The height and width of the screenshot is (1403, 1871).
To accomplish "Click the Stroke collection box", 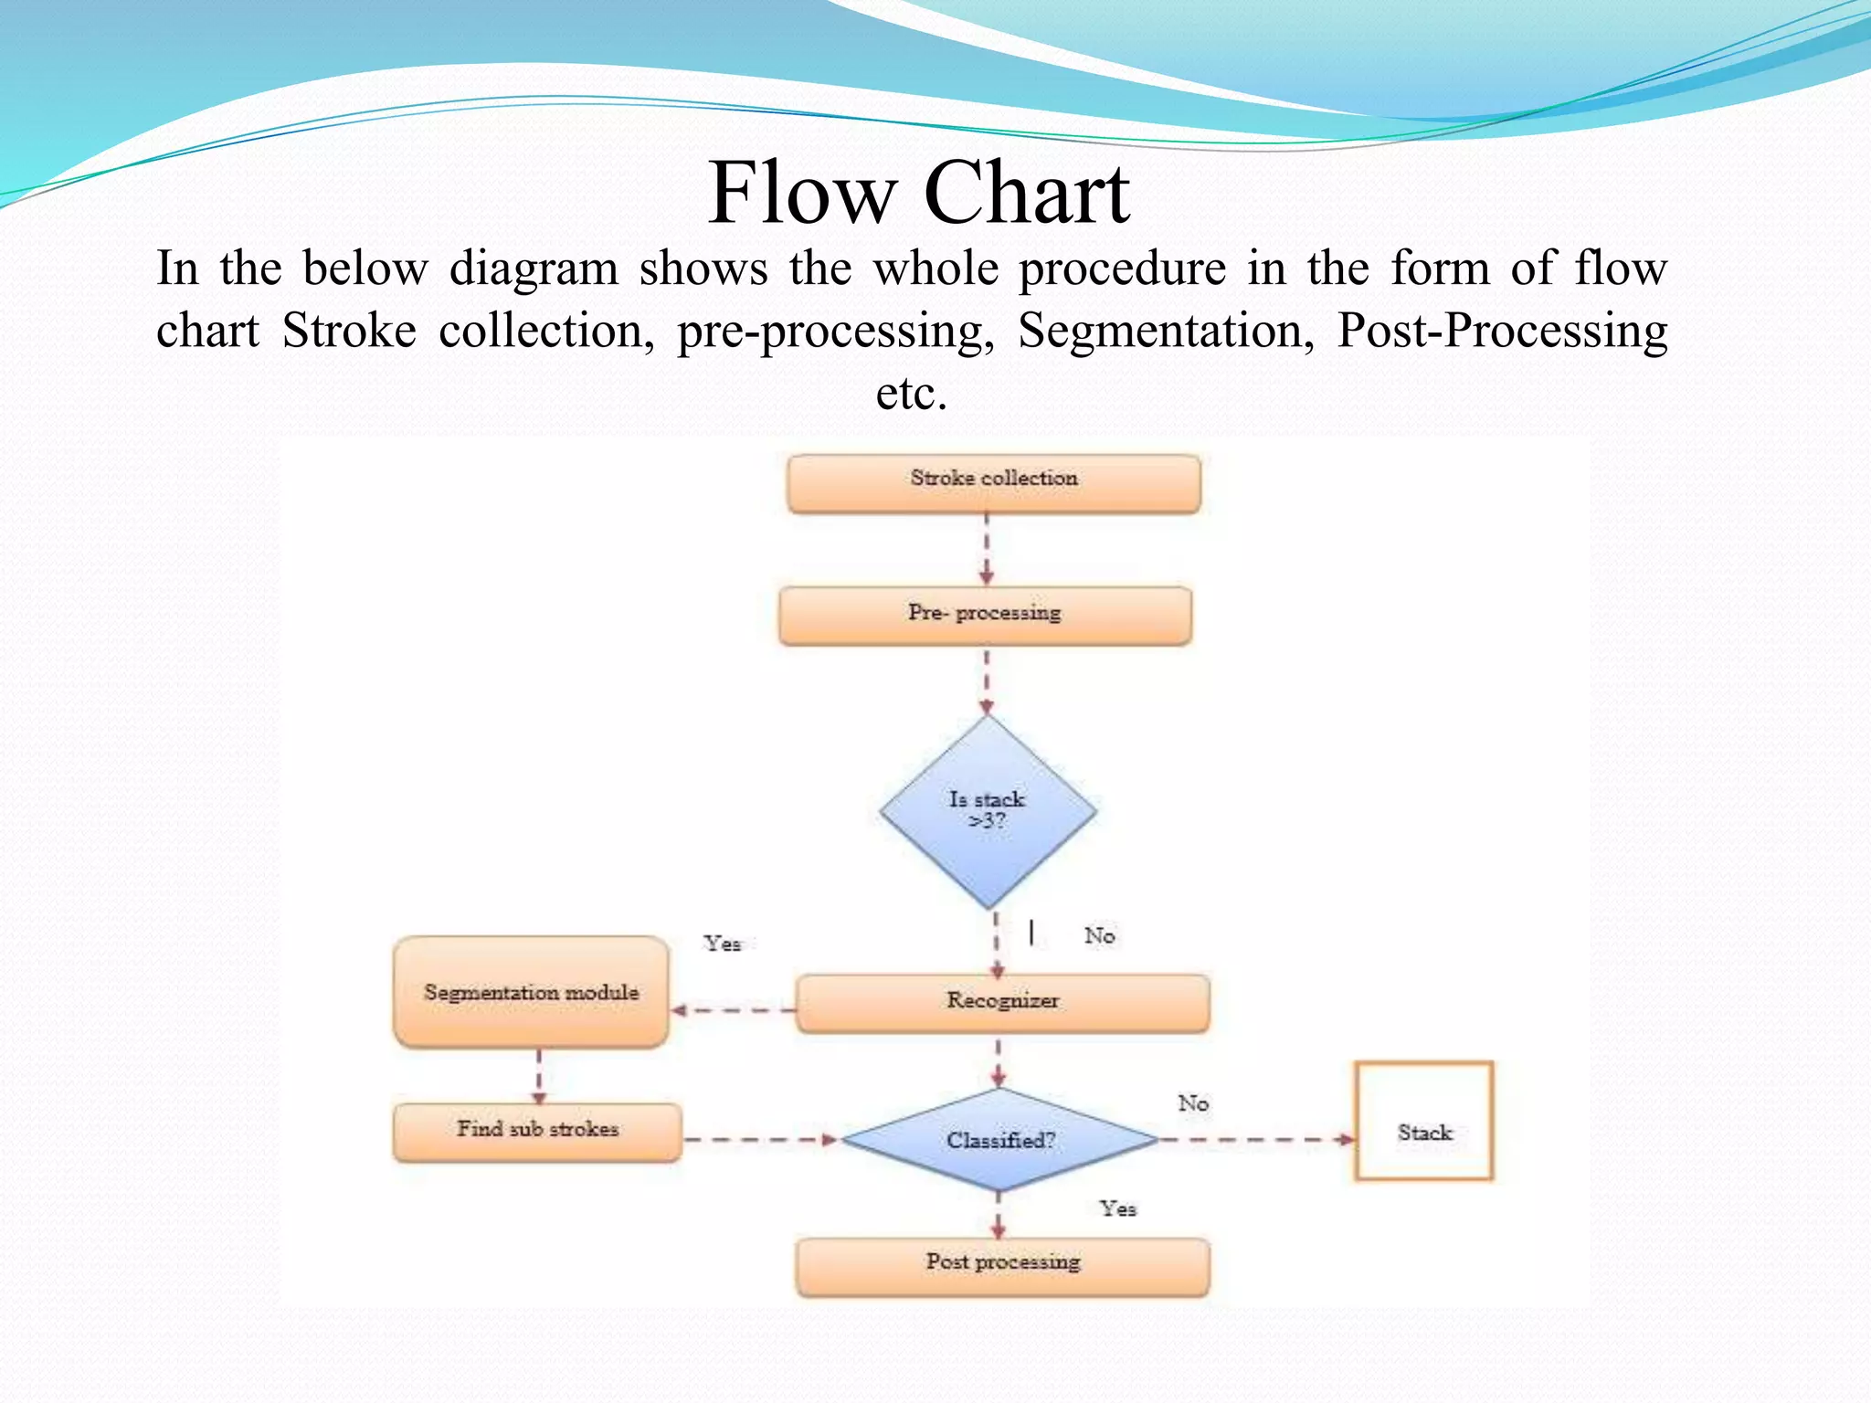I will point(994,483).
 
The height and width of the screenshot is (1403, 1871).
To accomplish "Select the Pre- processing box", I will point(985,616).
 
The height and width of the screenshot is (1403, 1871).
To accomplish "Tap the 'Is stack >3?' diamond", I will point(988,810).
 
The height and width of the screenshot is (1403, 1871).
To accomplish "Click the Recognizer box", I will point(1002,1003).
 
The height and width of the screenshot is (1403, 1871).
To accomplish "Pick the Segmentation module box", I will point(531,992).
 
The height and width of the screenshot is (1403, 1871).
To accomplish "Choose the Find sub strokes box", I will point(537,1132).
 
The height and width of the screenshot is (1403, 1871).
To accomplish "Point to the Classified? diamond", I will point(999,1140).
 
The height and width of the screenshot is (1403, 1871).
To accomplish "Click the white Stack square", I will point(1423,1121).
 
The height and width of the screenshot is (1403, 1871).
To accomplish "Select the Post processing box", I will point(1002,1266).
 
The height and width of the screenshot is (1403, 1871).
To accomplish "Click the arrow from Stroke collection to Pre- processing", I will point(987,549).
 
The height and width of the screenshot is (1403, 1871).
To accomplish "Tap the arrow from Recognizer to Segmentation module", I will point(733,1010).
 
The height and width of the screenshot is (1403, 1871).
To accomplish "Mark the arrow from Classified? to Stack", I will point(1257,1139).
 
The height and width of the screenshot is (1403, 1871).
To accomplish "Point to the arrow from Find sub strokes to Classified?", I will point(760,1139).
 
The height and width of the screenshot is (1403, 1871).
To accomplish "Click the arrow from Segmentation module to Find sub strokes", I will point(539,1076).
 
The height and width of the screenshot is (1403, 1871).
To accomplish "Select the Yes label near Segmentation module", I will point(722,943).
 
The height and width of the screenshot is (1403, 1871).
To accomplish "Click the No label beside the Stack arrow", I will point(1193,1103).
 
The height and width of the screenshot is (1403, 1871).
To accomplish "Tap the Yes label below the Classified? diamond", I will point(1117,1208).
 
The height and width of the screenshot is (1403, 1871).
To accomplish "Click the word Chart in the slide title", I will point(1026,194).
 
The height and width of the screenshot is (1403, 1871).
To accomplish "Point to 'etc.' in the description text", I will point(911,394).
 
